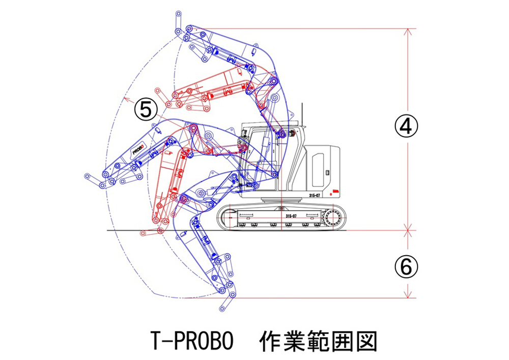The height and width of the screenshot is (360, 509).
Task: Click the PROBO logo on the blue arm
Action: pyautogui.click(x=138, y=149)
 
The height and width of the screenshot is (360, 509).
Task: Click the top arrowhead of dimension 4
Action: pyautogui.click(x=407, y=31)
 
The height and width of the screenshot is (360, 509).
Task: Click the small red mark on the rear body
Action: pyautogui.click(x=334, y=191)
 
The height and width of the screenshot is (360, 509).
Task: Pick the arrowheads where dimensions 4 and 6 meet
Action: pyautogui.click(x=407, y=230)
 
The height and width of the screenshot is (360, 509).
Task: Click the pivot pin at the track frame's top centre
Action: pyautogui.click(x=280, y=208)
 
